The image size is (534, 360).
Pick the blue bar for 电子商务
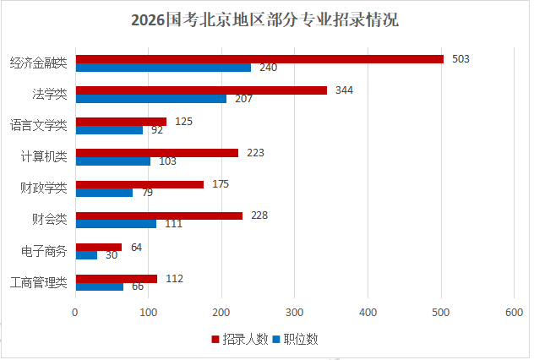pyautogui.click(x=86, y=255)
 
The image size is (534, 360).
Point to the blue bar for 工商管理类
pyautogui.click(x=100, y=286)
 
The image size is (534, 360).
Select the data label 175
pyautogui.click(x=221, y=183)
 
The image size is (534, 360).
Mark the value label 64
pyautogui.click(x=136, y=247)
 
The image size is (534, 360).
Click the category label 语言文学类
pyautogui.click(x=39, y=125)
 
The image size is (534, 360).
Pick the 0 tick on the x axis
pyautogui.click(x=76, y=313)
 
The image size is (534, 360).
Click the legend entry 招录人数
pyautogui.click(x=245, y=340)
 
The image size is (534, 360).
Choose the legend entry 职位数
pyautogui.click(x=301, y=340)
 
